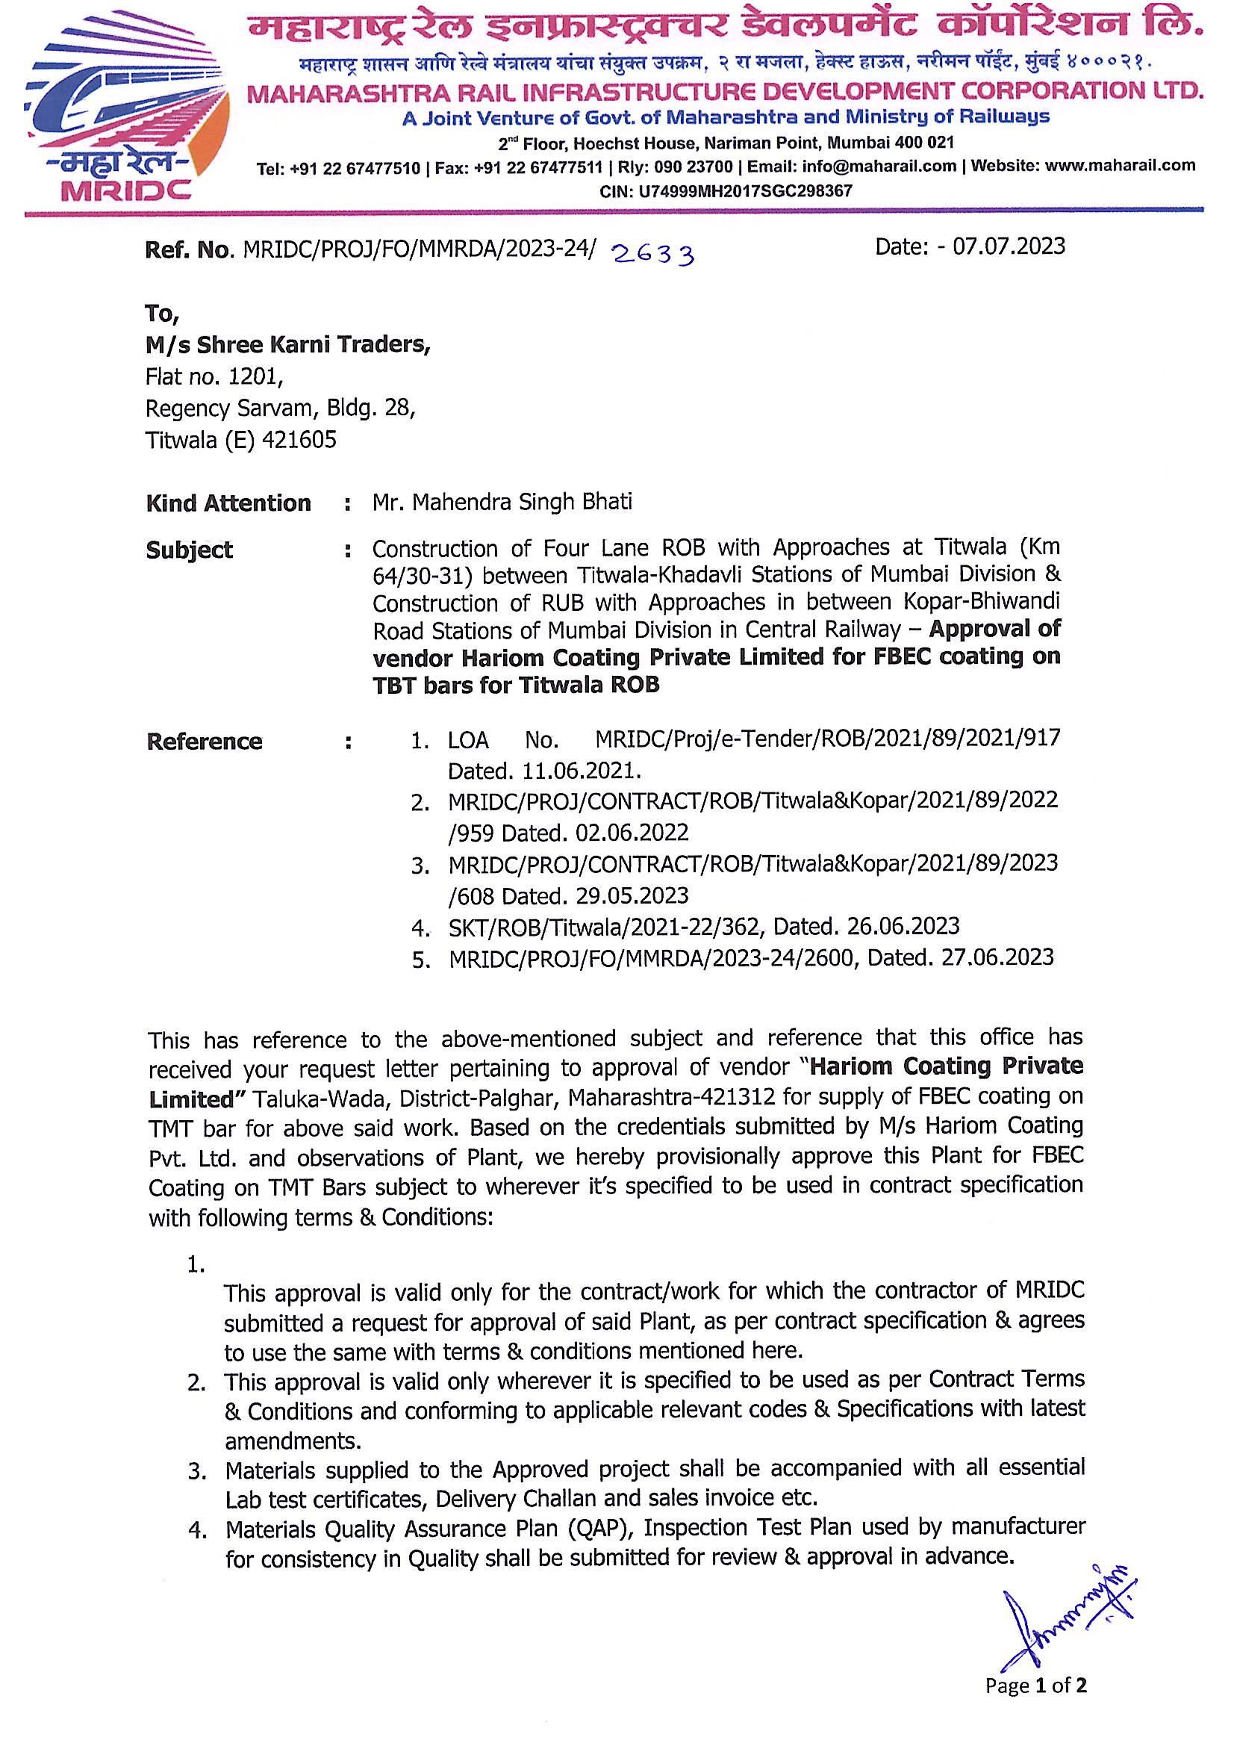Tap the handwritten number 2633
tap(653, 254)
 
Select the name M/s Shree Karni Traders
tap(287, 345)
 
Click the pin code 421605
tap(299, 441)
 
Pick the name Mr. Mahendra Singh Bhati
tap(502, 502)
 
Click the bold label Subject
tap(190, 550)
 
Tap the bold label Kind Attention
tap(228, 503)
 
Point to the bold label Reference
tap(205, 742)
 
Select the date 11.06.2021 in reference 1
tap(581, 771)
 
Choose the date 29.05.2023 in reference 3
tap(632, 896)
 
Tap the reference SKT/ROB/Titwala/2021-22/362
tap(604, 927)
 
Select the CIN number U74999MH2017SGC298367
tap(745, 191)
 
